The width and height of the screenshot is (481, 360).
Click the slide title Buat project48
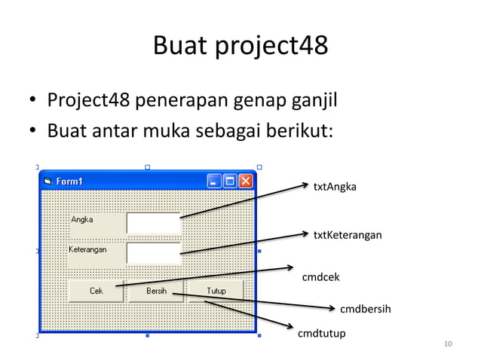(x=240, y=47)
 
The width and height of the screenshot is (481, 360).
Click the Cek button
(x=96, y=291)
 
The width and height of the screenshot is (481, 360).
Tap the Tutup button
(x=216, y=291)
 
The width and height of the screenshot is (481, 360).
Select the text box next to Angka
(x=154, y=224)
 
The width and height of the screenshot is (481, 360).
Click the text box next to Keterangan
(x=154, y=253)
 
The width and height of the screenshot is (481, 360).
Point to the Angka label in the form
(x=82, y=220)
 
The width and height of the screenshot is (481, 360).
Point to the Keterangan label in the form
(x=87, y=249)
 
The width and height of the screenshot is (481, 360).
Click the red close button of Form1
(x=247, y=181)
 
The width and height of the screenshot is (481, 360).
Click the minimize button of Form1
(x=214, y=181)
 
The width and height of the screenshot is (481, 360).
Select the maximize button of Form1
(x=230, y=181)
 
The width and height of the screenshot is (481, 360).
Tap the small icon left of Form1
(x=47, y=181)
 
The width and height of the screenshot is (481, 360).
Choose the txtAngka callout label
(x=335, y=186)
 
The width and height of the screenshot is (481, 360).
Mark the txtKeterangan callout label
(x=348, y=236)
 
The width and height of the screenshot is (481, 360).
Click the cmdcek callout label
(x=320, y=277)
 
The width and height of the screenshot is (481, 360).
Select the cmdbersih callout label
(x=365, y=309)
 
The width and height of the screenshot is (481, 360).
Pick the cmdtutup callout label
(x=322, y=333)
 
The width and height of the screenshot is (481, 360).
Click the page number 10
(x=448, y=345)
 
